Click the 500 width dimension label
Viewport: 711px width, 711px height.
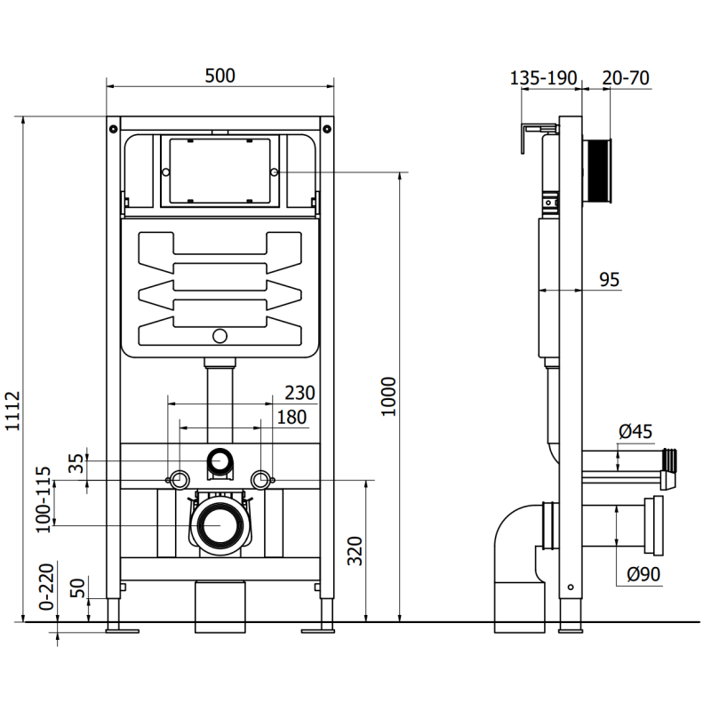(x=220, y=76)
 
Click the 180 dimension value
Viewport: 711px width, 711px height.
(x=292, y=417)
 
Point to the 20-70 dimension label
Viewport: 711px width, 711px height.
(x=626, y=78)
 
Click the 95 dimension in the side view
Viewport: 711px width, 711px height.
(x=609, y=281)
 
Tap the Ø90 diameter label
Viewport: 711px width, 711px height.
(x=643, y=575)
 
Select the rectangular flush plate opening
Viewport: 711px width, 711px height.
(x=219, y=171)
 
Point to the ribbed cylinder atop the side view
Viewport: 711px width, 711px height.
(x=598, y=172)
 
